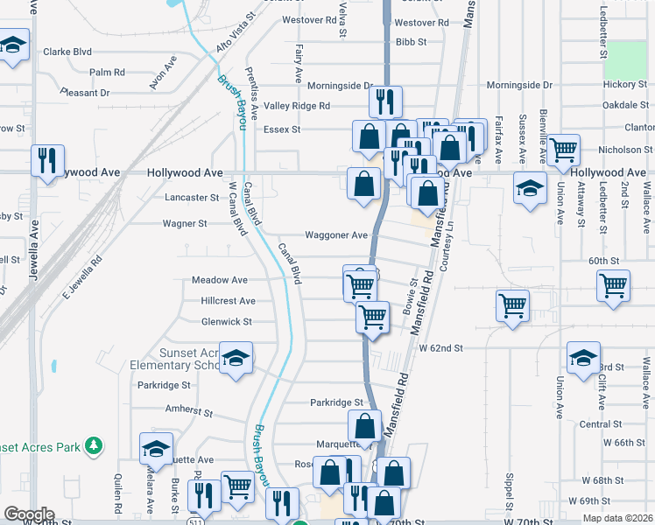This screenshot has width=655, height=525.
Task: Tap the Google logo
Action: (29, 514)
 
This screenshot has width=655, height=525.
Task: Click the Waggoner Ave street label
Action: (335, 235)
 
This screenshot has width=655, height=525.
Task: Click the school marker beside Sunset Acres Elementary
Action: (235, 359)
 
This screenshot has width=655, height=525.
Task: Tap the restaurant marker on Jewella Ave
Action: (47, 161)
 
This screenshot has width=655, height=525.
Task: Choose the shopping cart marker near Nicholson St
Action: (564, 150)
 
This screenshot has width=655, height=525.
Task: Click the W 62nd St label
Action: (440, 348)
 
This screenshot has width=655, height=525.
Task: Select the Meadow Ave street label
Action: (220, 280)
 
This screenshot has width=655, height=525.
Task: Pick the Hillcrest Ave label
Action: (228, 301)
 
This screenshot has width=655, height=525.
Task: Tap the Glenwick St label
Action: (227, 322)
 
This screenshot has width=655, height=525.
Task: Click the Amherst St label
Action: (189, 409)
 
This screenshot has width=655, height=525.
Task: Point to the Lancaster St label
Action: (192, 198)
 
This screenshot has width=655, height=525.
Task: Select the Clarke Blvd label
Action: (67, 52)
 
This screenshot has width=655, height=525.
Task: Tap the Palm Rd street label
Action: (107, 72)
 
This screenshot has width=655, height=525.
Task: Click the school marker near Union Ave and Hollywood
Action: (529, 189)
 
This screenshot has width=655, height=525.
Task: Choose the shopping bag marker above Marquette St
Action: (363, 426)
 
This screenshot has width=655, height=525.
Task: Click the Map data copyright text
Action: (615, 517)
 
